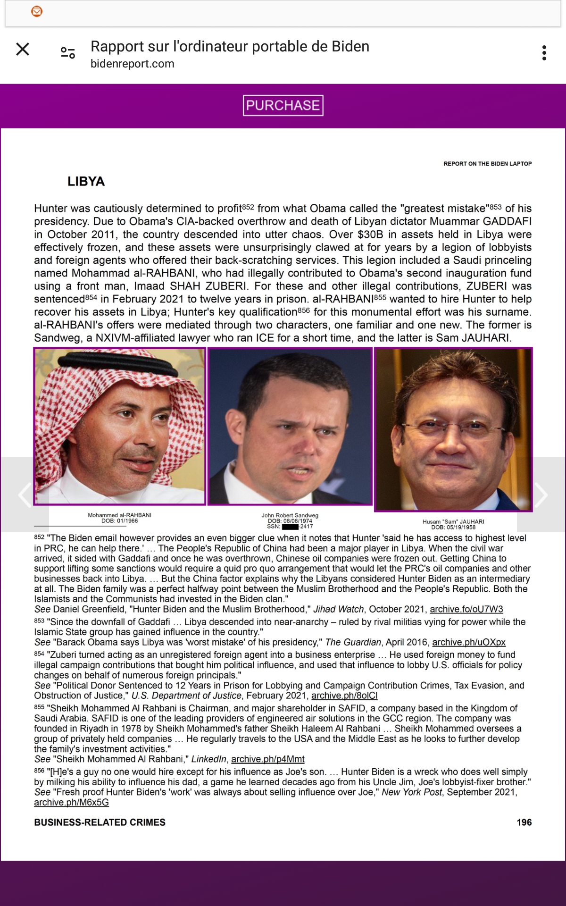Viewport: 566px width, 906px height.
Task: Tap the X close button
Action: coord(23,49)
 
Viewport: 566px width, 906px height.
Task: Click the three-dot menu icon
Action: coord(544,53)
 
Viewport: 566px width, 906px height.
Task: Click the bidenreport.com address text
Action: coord(133,64)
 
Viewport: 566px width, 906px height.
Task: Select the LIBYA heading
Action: coord(86,181)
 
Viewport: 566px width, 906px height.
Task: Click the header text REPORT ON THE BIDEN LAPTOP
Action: coord(487,164)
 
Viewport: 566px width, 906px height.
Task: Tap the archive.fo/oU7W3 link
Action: coord(466,609)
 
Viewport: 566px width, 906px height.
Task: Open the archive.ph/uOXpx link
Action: coord(468,642)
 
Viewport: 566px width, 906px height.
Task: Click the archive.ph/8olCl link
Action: coord(344,696)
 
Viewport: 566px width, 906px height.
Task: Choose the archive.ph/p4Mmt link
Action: coord(267,759)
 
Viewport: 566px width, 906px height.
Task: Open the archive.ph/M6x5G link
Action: coord(71,802)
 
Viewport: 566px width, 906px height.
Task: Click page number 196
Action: coord(524,822)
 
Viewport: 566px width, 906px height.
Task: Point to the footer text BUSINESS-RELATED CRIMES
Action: coord(100,822)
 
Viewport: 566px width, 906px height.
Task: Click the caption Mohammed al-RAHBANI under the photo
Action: coord(119,515)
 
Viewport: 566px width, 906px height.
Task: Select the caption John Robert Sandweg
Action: coord(290,515)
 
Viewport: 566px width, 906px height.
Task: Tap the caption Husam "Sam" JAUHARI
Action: coord(453,521)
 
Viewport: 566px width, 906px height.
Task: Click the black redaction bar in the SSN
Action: coord(291,527)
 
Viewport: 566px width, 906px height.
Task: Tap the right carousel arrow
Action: coord(541,495)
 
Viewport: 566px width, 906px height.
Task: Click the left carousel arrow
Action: coord(25,495)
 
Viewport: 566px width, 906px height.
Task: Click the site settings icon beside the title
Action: coord(68,53)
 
